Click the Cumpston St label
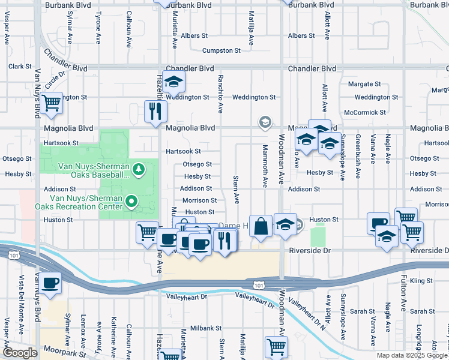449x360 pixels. (x=221, y=51)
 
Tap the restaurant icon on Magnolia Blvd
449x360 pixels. (x=155, y=110)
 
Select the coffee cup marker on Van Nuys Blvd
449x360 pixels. (x=52, y=283)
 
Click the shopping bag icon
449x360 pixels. (x=261, y=226)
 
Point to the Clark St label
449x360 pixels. (x=19, y=67)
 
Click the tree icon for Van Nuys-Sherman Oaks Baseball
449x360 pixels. (x=139, y=170)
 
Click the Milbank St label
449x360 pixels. (x=206, y=329)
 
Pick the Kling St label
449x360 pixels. (x=421, y=281)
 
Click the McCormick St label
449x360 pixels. (x=365, y=112)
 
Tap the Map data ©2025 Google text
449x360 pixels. (x=411, y=355)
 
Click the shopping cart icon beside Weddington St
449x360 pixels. (x=52, y=103)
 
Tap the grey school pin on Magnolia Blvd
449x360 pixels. (x=264, y=122)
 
